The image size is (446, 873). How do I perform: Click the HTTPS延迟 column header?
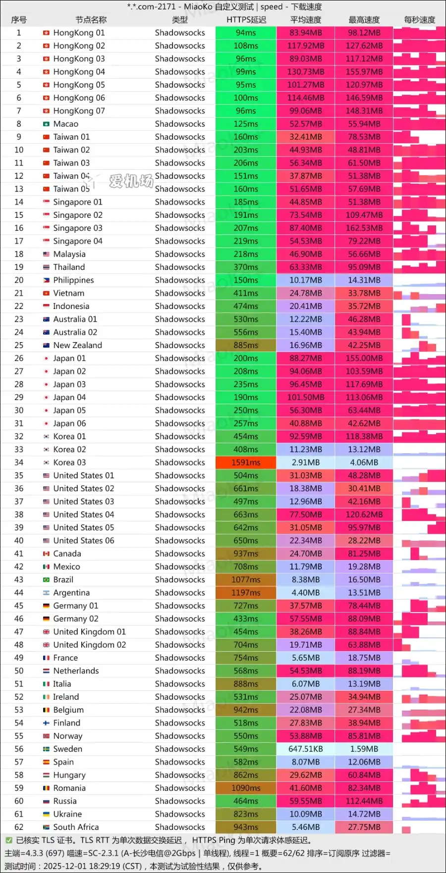pyautogui.click(x=246, y=20)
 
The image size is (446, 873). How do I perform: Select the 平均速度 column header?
pyautogui.click(x=305, y=20)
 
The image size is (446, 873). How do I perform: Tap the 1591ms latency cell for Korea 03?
pyautogui.click(x=246, y=462)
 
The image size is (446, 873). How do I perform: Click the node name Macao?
pyautogui.click(x=65, y=124)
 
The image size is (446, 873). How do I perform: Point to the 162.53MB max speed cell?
pyautogui.click(x=364, y=228)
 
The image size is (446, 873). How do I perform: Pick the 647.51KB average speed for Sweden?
pyautogui.click(x=305, y=749)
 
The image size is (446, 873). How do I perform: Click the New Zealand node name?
pyautogui.click(x=77, y=345)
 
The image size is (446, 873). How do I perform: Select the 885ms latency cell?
pyautogui.click(x=246, y=345)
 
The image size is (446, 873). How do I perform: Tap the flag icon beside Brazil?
pyautogui.click(x=46, y=580)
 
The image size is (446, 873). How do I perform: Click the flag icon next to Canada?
pyautogui.click(x=46, y=554)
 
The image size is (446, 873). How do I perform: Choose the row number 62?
pyautogui.click(x=19, y=827)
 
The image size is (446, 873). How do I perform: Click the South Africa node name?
pyautogui.click(x=76, y=827)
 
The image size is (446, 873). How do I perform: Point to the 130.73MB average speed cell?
pyautogui.click(x=305, y=72)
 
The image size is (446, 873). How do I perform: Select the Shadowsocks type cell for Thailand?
pyautogui.click(x=179, y=267)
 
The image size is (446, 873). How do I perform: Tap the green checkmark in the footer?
pyautogui.click(x=9, y=840)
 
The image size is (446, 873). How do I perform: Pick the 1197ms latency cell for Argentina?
pyautogui.click(x=246, y=593)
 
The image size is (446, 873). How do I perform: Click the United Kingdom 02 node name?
pyautogui.click(x=89, y=645)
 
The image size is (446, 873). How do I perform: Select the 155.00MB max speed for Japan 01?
pyautogui.click(x=364, y=359)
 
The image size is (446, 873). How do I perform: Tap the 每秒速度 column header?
pyautogui.click(x=419, y=20)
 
